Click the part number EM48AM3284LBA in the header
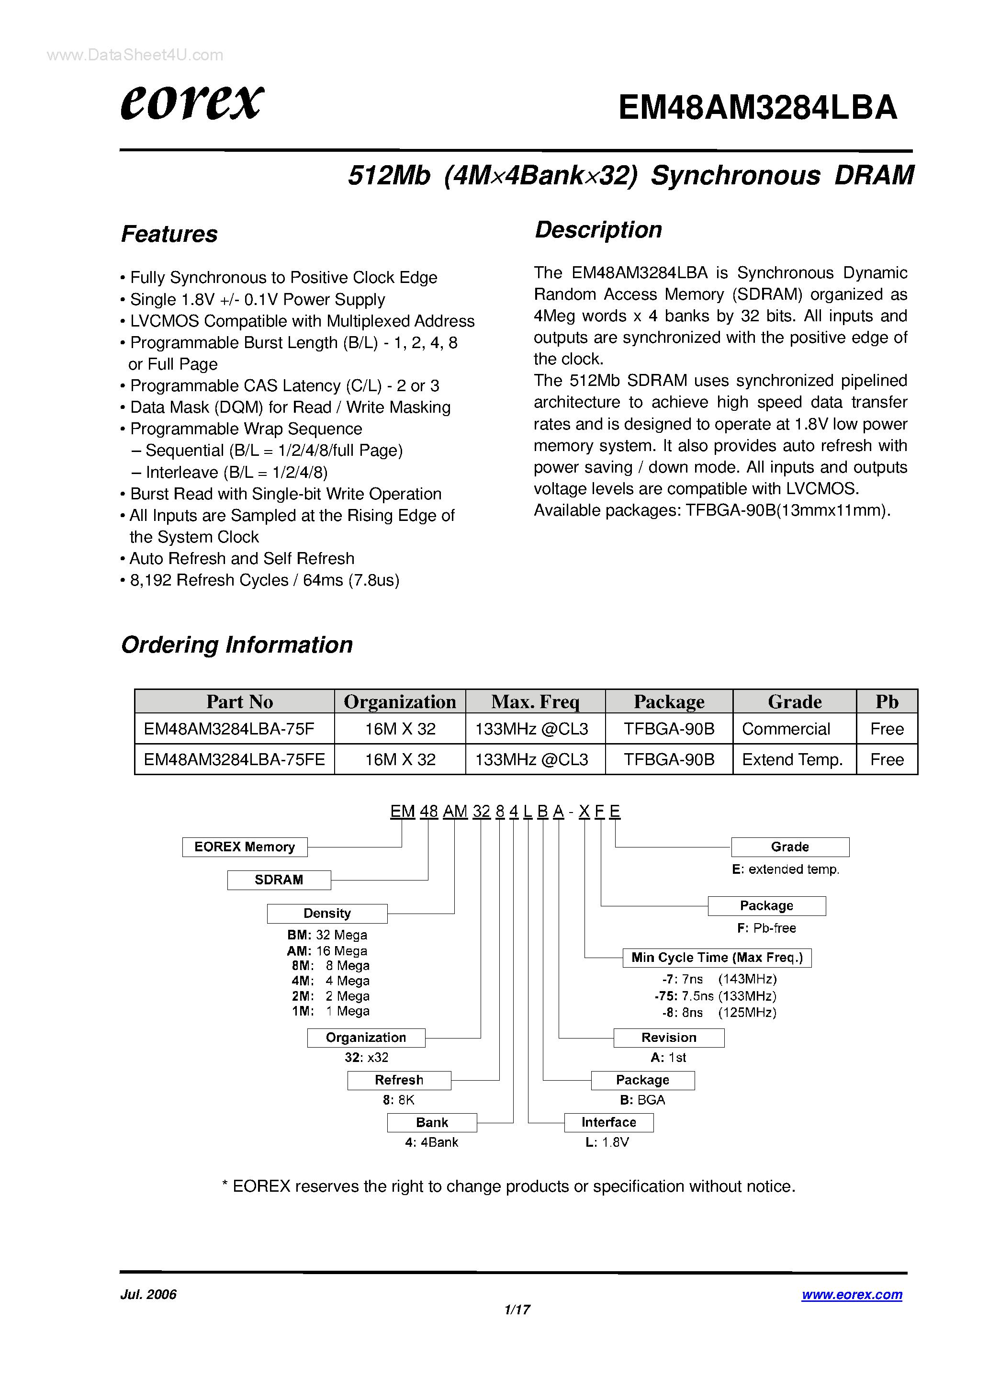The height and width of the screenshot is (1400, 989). click(x=757, y=107)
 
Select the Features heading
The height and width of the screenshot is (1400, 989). click(x=169, y=234)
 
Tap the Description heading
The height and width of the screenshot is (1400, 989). click(x=598, y=230)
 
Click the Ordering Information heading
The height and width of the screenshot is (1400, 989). click(x=236, y=644)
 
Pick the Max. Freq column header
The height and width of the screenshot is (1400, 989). click(x=535, y=702)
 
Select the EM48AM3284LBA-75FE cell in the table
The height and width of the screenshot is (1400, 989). click(x=234, y=760)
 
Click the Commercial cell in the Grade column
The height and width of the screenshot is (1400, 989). click(x=786, y=729)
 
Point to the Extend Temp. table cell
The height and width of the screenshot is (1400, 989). click(x=792, y=760)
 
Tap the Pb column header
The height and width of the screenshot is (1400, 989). click(x=887, y=702)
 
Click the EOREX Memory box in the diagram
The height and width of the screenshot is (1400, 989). click(x=245, y=847)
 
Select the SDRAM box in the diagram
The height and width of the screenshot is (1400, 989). click(x=279, y=880)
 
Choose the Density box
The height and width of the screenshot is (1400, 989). click(x=327, y=914)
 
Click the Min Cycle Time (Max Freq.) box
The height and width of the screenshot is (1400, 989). click(x=717, y=958)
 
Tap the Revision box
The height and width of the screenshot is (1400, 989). click(x=668, y=1038)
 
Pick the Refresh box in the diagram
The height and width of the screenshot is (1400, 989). click(x=399, y=1081)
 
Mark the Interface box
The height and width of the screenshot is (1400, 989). click(x=608, y=1123)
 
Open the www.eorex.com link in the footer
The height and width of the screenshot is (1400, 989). click(x=852, y=1295)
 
